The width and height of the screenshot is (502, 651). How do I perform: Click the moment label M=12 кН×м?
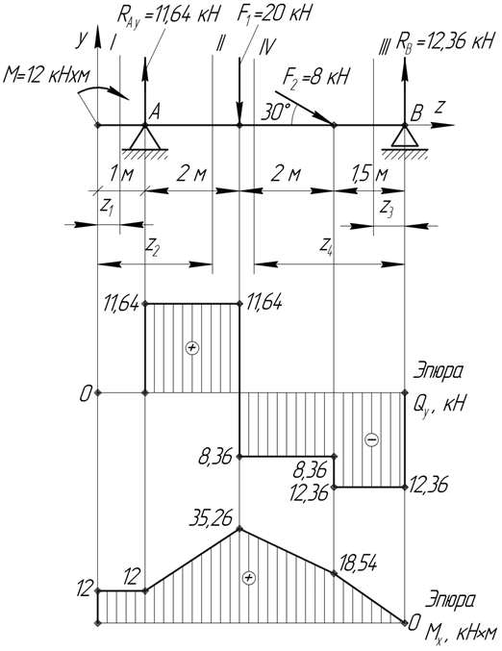click(x=46, y=76)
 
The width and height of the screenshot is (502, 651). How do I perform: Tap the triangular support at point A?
click(x=145, y=139)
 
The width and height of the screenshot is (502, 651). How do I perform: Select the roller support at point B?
click(x=405, y=139)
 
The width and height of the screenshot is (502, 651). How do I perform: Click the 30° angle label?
click(x=275, y=113)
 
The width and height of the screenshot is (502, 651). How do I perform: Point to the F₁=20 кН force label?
click(x=274, y=13)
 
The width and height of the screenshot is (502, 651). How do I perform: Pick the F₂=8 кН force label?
click(x=316, y=77)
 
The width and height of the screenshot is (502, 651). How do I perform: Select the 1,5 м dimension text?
click(x=369, y=174)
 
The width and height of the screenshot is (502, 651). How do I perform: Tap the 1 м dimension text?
click(x=121, y=174)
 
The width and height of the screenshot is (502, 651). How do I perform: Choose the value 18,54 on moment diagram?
click(x=358, y=563)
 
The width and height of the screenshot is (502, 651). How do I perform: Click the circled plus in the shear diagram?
click(x=191, y=347)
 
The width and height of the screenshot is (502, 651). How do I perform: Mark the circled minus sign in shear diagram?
click(x=371, y=439)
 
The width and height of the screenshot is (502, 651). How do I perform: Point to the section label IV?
click(x=266, y=47)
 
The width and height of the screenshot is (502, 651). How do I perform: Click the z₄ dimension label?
click(x=327, y=246)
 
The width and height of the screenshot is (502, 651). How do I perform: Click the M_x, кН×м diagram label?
click(x=461, y=634)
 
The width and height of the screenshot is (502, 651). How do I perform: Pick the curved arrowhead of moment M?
click(x=122, y=94)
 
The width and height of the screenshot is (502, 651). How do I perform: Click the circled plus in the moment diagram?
click(x=249, y=578)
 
